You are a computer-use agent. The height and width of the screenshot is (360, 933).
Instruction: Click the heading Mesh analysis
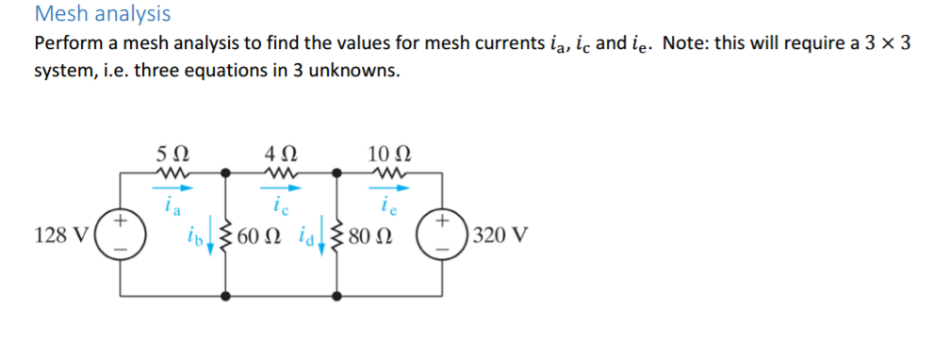[102, 14]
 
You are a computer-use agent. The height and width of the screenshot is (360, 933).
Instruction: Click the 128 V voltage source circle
[121, 235]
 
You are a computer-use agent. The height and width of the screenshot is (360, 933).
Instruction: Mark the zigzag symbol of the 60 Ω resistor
[224, 235]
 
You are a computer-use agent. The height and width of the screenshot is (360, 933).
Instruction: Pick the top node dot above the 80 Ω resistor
[335, 172]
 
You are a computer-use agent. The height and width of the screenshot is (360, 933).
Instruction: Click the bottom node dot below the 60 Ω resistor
[224, 295]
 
